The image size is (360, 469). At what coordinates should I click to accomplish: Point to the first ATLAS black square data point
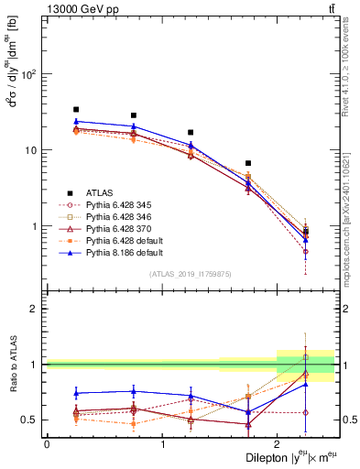tap(76, 109)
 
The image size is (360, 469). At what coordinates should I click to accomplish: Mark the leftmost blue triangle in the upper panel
tap(76, 121)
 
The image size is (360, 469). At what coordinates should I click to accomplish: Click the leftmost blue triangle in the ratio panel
tap(76, 393)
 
